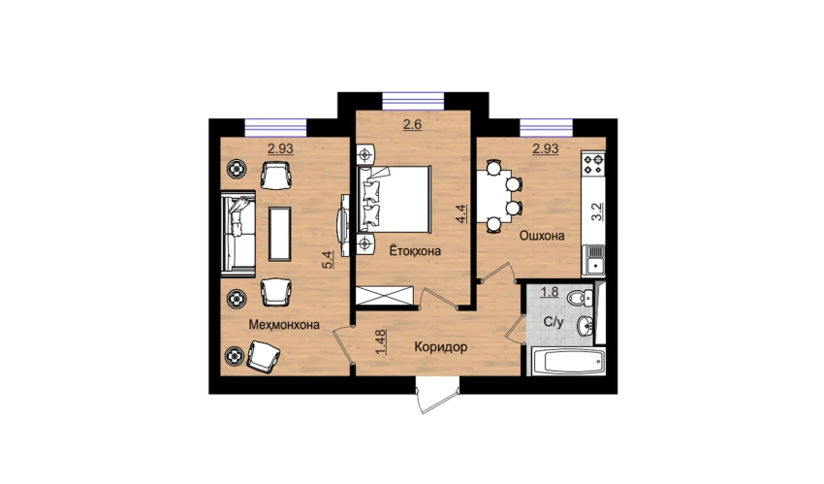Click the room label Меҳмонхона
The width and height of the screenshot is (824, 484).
coord(284,324)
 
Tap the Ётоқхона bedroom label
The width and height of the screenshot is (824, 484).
coord(415,250)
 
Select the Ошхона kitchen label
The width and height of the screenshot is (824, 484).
coord(542,236)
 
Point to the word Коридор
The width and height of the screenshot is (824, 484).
coord(440,347)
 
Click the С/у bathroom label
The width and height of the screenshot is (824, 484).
coord(553,322)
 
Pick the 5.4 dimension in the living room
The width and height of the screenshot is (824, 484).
coord(328,260)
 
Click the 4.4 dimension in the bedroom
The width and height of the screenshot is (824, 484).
coord(461,214)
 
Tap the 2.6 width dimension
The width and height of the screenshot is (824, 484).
coord(413,125)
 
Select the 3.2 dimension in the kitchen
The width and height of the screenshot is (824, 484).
coord(596,211)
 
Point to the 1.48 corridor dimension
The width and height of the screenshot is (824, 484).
coord(382,341)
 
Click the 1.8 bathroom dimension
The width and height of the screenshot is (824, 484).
coord(550,292)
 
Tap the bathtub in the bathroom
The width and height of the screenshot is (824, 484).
coord(566,361)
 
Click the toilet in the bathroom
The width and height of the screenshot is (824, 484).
coord(580,298)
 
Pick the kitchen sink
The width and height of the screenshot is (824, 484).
coord(594,261)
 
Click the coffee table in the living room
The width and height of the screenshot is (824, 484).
coord(279,234)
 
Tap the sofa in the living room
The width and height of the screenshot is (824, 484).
coord(238,234)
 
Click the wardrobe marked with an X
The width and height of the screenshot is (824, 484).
coord(386,295)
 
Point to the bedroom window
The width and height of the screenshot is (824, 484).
coord(413,101)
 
